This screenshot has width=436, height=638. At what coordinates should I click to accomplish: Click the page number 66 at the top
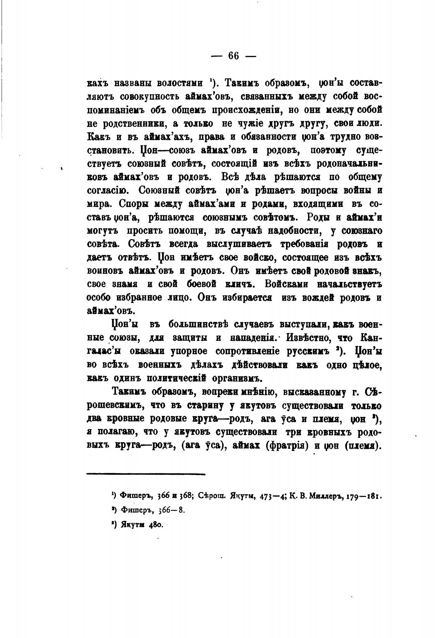point(233,56)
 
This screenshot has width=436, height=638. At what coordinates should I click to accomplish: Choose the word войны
point(350,190)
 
